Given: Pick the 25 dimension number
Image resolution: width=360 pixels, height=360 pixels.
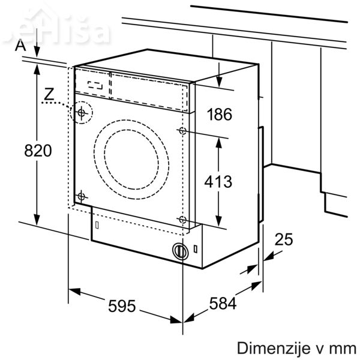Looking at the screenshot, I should coord(284,240).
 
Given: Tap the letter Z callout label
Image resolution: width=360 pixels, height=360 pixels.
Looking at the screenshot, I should coord(49,94).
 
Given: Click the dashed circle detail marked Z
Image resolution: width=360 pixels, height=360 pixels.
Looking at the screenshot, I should coord(81,112).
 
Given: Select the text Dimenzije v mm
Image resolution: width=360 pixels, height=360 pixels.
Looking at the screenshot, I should coord(296,348).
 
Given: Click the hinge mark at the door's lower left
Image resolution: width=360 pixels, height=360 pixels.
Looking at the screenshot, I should coord(81,196).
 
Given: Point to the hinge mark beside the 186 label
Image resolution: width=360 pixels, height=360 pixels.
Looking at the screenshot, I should coord(182,130).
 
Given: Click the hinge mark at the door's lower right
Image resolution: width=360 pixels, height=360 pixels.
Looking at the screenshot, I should coord(182,220).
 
